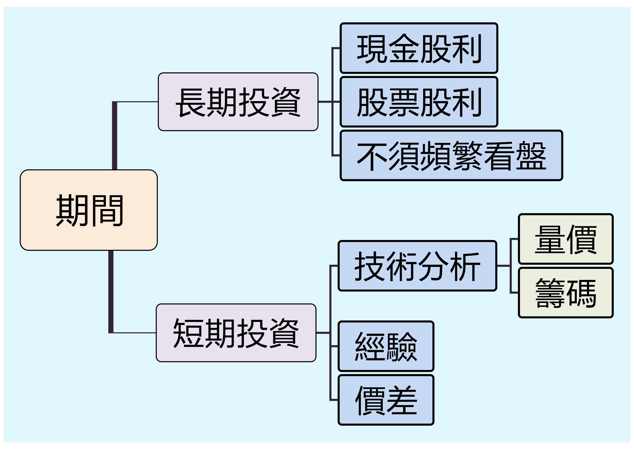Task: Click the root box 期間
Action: click(89, 210)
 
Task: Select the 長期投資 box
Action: click(238, 102)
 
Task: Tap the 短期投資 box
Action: click(236, 333)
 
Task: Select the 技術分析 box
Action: click(417, 266)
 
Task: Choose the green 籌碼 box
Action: click(566, 292)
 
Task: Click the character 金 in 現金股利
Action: click(404, 48)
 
